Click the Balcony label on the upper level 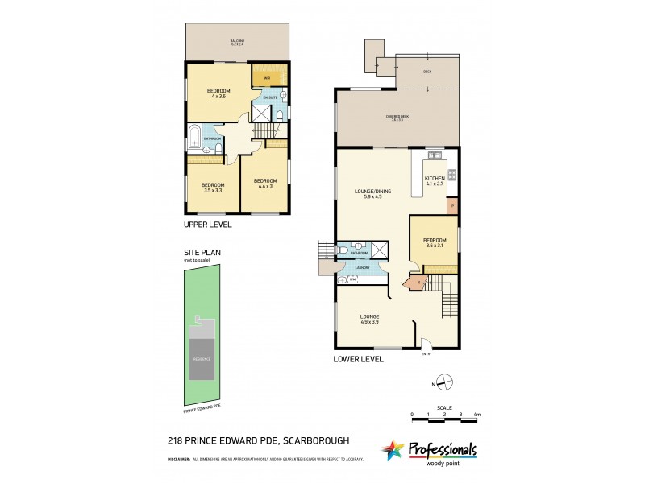pyautogui.click(x=237, y=43)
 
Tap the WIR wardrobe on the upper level pyautogui.click(x=267, y=78)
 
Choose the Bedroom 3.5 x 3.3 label pyautogui.click(x=213, y=187)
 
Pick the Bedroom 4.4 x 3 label pyautogui.click(x=265, y=183)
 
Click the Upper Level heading pyautogui.click(x=209, y=225)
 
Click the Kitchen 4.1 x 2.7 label pyautogui.click(x=435, y=180)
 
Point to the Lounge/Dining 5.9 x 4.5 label pyautogui.click(x=372, y=193)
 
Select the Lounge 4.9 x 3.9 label pyautogui.click(x=371, y=319)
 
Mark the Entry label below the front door pyautogui.click(x=427, y=353)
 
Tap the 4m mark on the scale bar pyautogui.click(x=477, y=414)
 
